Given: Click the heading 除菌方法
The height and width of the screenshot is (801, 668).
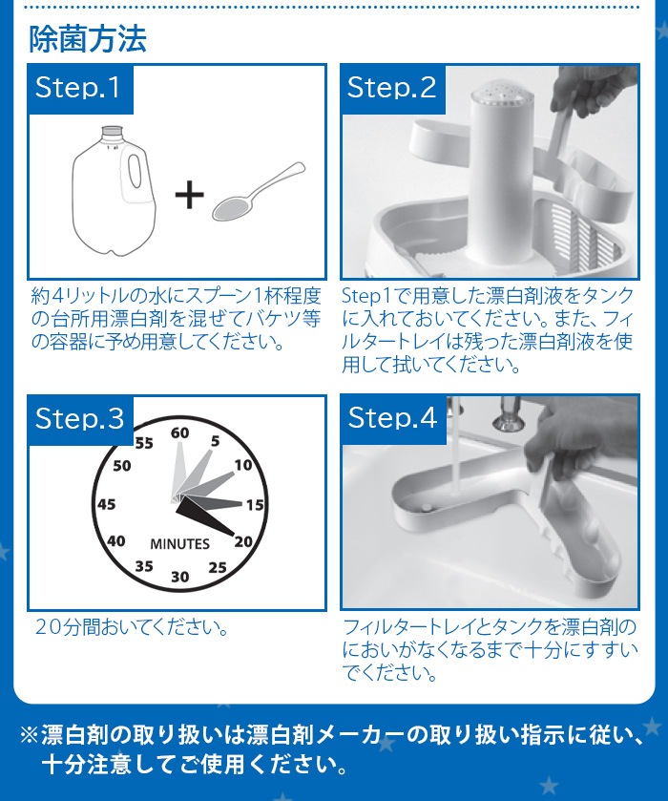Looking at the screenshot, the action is (x=88, y=39).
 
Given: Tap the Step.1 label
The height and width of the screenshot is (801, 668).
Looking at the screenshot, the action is (x=77, y=87).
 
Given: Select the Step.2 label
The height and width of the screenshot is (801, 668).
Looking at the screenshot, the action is (x=391, y=87).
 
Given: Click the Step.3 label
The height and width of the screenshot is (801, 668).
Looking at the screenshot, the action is (x=79, y=418).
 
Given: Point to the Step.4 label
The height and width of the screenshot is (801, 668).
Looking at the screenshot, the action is (x=392, y=418).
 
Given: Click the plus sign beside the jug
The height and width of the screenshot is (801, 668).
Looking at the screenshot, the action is (x=190, y=195).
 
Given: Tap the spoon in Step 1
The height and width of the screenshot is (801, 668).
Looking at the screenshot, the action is (x=259, y=192).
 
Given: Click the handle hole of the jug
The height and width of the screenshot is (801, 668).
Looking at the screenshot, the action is (x=135, y=171).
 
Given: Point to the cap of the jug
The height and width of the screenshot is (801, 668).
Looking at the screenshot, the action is (x=113, y=132).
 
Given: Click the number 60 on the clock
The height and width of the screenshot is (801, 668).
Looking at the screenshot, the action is (x=179, y=433).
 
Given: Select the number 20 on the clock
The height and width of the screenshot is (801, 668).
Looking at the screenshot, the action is (x=243, y=541).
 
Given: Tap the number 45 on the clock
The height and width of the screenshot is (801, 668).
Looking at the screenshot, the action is (x=106, y=504).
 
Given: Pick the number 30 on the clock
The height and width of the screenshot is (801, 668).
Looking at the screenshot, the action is (x=179, y=577).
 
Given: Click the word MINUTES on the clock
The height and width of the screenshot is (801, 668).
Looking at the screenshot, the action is (x=179, y=544).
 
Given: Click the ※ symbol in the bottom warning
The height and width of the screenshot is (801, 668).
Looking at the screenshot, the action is (x=30, y=734).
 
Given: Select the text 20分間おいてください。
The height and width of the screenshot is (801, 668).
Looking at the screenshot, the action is (x=132, y=627).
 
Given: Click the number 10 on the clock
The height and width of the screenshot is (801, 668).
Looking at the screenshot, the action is (x=243, y=465).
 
